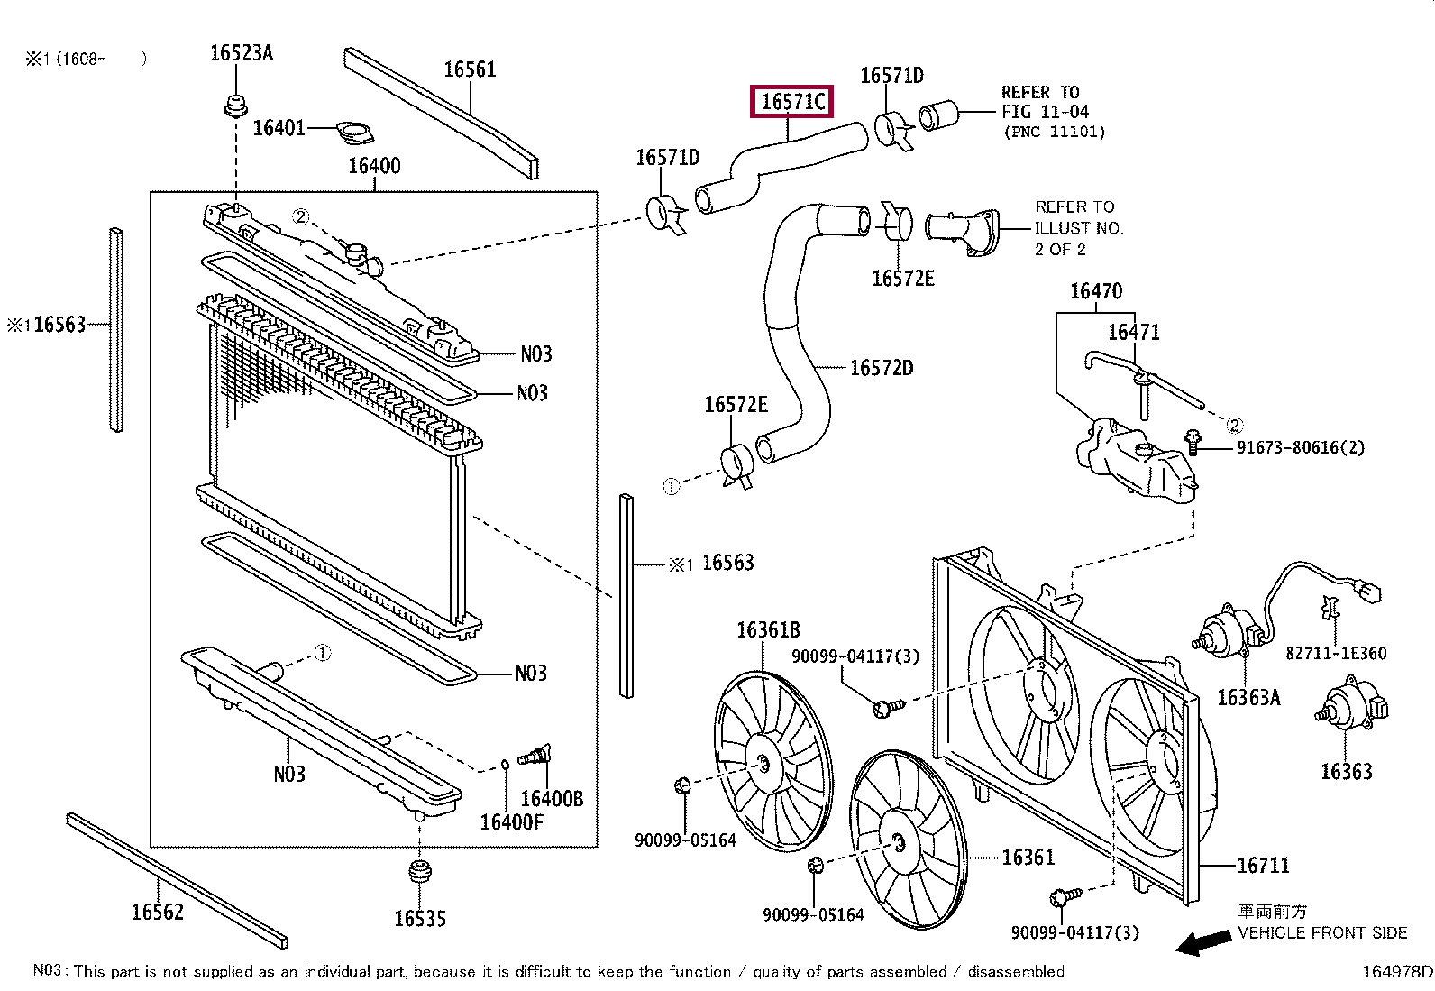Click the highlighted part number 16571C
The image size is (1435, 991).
point(792,102)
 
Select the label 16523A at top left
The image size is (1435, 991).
point(241,52)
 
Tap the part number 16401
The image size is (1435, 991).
point(279,128)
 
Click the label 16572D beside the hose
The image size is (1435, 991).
point(881,368)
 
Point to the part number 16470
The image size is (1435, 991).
point(1096,291)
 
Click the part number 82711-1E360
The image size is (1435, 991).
point(1336,653)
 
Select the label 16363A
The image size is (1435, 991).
point(1248,697)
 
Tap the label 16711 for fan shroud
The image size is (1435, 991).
point(1263,866)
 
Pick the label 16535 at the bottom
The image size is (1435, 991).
point(419,919)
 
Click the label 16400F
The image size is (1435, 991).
point(511,821)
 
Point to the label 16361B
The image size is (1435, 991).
point(768,630)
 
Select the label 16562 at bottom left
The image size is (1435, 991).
point(158,912)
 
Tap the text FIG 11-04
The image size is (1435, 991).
point(1045,112)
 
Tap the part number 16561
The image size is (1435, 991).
point(470,69)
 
